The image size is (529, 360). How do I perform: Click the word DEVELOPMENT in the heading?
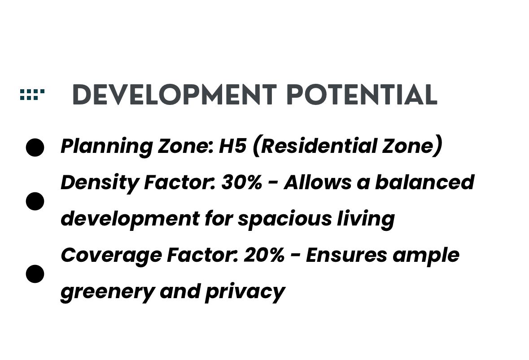click(x=175, y=95)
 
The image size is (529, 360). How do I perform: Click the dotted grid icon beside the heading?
click(x=32, y=95)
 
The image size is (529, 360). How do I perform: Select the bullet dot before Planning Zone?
click(x=35, y=147)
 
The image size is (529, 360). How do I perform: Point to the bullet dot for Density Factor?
click(x=35, y=201)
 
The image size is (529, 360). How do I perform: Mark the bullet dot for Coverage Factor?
click(x=35, y=274)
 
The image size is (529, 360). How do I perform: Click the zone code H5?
click(x=232, y=146)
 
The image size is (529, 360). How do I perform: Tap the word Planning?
click(x=107, y=147)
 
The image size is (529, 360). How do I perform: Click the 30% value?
click(x=241, y=182)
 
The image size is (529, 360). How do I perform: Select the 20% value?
click(x=264, y=255)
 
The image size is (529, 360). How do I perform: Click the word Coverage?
click(x=111, y=256)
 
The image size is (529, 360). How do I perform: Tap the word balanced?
click(x=425, y=182)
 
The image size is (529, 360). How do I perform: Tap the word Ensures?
click(x=346, y=255)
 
